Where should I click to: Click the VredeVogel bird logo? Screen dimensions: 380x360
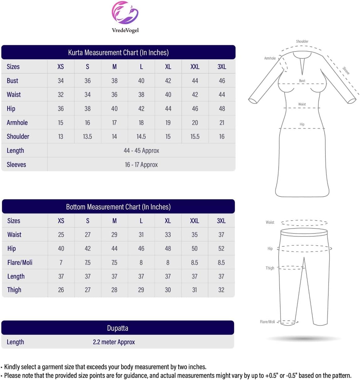click(125, 13)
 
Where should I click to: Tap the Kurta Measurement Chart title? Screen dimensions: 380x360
click(118, 52)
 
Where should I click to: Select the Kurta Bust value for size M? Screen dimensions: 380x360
click(114, 81)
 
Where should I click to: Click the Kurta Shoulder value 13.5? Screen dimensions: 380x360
click(87, 136)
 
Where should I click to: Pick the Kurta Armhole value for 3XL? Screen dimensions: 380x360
click(222, 123)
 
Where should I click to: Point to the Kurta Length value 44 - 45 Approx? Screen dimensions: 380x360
click(141, 151)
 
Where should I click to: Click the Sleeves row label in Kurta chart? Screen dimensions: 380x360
click(16, 164)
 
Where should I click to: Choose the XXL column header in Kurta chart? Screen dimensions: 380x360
click(195, 67)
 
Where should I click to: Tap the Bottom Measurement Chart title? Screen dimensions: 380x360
click(118, 207)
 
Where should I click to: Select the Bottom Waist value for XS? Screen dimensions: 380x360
click(61, 235)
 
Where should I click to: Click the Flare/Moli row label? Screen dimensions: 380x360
click(20, 262)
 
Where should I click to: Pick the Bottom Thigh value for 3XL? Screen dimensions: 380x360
click(221, 290)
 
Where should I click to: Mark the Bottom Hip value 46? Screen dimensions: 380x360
click(141, 249)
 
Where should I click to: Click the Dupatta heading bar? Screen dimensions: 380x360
click(117, 328)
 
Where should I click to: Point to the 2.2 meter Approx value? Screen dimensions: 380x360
click(114, 342)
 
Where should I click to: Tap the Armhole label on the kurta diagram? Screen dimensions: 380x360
click(270, 58)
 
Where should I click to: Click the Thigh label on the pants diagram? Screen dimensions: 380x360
click(270, 268)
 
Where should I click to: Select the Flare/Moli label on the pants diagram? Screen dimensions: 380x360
click(267, 322)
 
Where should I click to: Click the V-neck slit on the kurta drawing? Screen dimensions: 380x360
click(302, 66)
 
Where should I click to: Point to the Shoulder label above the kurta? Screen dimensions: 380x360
click(302, 41)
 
